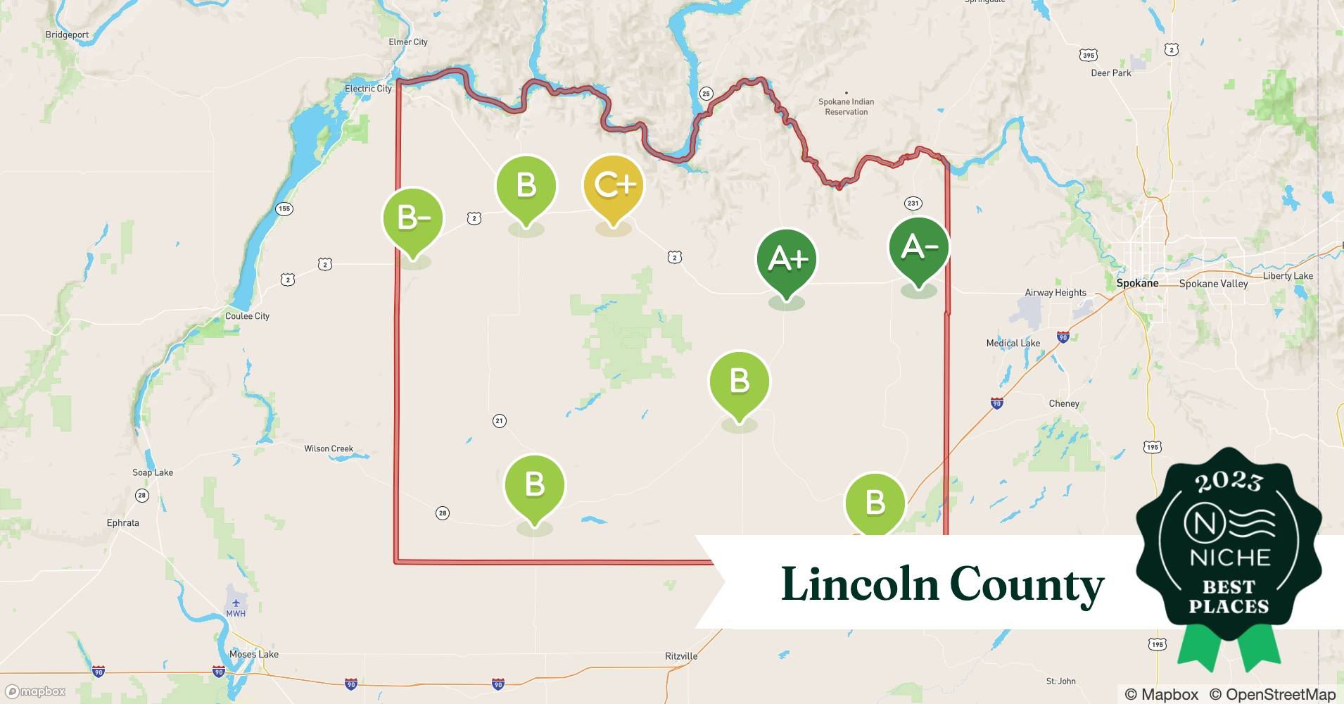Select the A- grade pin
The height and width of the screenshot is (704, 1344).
tap(919, 248)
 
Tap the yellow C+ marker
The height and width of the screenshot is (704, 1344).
tap(614, 185)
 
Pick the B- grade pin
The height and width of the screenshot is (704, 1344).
tap(413, 218)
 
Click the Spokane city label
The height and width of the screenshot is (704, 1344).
tap(1137, 283)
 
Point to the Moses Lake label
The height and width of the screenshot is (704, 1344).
tap(253, 654)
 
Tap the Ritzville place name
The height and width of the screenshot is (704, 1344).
tap(681, 656)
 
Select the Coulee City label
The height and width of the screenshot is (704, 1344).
tap(247, 316)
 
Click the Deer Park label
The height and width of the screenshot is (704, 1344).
tap(1111, 73)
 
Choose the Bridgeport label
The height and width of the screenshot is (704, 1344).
tap(67, 34)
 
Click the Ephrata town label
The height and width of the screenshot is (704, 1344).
tap(123, 523)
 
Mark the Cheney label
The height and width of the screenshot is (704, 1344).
tap(1064, 403)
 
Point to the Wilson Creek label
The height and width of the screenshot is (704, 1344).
tap(329, 448)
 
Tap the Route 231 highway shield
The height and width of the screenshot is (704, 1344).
tap(913, 203)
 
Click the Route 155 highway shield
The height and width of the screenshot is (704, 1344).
tap(284, 208)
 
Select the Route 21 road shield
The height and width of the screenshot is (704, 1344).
tap(499, 421)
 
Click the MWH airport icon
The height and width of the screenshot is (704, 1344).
tap(236, 603)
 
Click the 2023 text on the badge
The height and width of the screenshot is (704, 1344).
tap(1229, 482)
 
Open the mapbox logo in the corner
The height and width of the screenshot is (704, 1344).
tap(36, 691)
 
